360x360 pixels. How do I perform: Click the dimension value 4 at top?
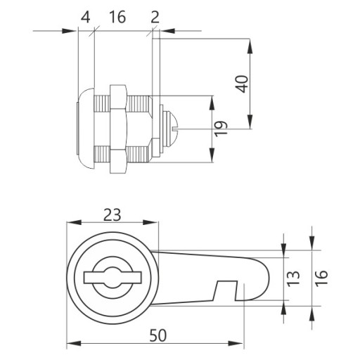click(x=85, y=18)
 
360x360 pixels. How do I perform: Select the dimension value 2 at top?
click(x=155, y=18)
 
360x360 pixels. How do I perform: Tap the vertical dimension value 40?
click(x=242, y=84)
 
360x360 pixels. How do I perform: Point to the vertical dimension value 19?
click(x=221, y=129)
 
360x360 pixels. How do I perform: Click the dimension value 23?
click(x=112, y=215)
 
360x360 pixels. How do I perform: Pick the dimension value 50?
click(x=158, y=335)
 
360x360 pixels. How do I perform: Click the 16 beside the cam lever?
click(x=321, y=278)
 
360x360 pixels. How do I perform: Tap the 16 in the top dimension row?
click(x=117, y=18)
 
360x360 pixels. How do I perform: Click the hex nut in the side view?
click(x=118, y=129)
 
